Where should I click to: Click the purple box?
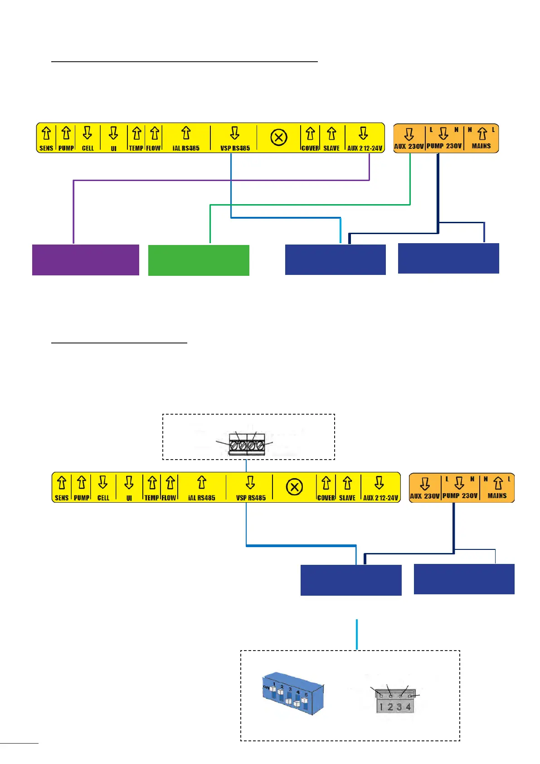(x=85, y=260)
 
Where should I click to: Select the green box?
(x=199, y=260)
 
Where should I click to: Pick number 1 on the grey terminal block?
(x=381, y=707)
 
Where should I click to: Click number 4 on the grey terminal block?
(x=409, y=707)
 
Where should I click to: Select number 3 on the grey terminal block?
(x=399, y=707)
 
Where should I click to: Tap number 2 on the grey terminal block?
(x=390, y=707)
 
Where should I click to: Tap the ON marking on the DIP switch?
(x=266, y=688)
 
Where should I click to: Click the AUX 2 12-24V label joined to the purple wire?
(x=365, y=148)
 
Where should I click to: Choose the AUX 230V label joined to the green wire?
(x=409, y=146)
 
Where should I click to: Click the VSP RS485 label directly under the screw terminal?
(x=251, y=498)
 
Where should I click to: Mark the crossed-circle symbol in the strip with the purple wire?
(x=279, y=137)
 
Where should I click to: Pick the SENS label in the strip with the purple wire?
(x=46, y=148)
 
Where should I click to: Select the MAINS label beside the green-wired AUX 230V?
(x=481, y=146)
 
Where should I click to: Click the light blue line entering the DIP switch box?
(x=357, y=634)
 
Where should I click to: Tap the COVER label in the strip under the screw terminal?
(x=326, y=498)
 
